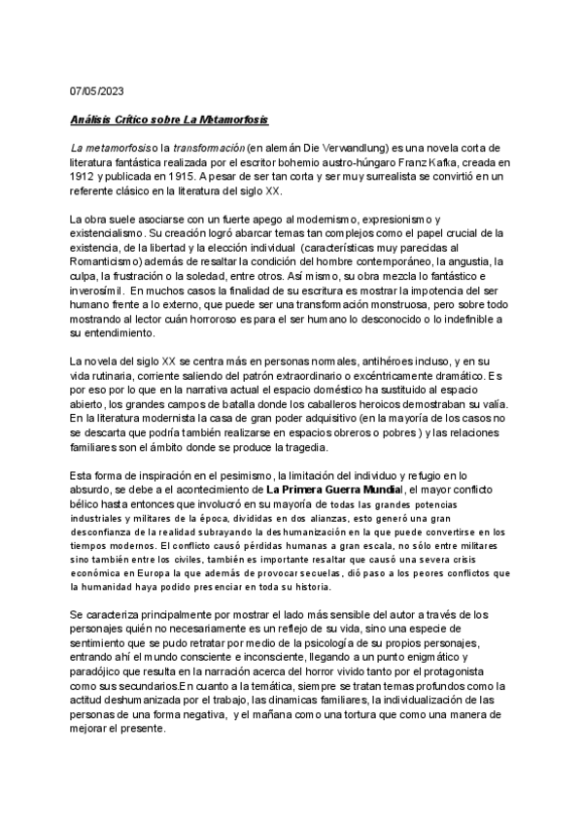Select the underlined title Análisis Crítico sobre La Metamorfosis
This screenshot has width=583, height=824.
[x=171, y=120]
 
